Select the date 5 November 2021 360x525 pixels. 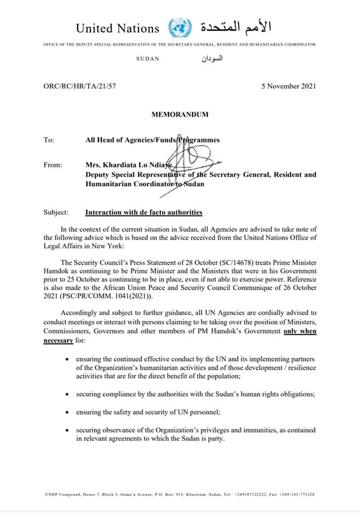point(288,86)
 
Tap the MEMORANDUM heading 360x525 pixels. point(179,114)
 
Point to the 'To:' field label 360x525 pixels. point(49,140)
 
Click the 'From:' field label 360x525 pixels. point(53,165)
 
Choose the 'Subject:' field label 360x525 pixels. point(56,212)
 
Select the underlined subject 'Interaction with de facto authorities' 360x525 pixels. point(144,212)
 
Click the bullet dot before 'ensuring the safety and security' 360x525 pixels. point(66,411)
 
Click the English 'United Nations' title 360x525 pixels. point(118,28)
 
